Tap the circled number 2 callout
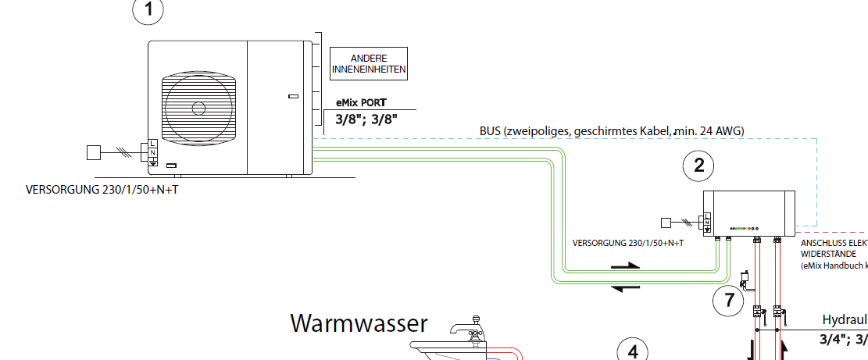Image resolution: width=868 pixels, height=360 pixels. point(698,164)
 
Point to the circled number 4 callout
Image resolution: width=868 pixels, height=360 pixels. point(633,351)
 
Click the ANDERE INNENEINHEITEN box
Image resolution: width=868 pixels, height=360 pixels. point(370,63)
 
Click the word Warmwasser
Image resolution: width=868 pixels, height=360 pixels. point(359,323)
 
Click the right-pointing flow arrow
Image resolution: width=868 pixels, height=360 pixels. point(625,266)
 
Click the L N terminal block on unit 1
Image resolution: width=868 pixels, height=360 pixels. point(152,153)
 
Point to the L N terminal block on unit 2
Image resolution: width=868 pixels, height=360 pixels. point(708,221)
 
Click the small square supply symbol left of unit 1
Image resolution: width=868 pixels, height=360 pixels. point(94,152)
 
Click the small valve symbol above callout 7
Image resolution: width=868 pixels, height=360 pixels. point(745,276)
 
